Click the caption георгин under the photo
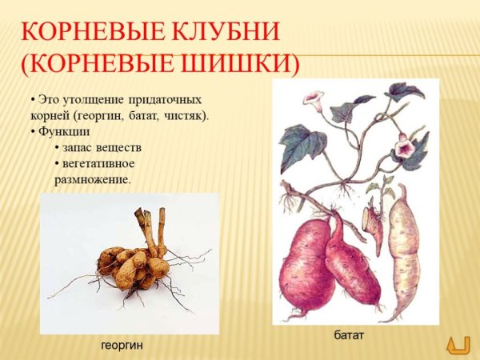pos(124,346)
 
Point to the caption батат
pos(350,334)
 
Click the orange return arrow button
pos(458,344)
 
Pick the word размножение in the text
pos(92,178)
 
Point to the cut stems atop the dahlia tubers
pos(151,228)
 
